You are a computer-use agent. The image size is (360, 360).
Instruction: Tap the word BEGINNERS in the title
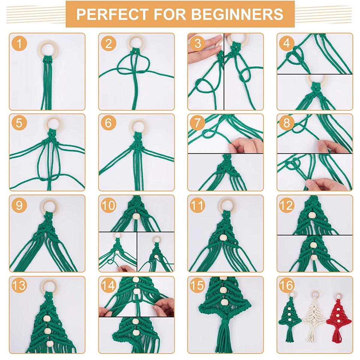tap(237, 14)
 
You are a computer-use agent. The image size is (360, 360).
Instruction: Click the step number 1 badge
tap(19, 43)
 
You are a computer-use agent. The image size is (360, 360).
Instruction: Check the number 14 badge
tap(108, 286)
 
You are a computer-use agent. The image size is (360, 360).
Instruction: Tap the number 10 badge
tap(108, 205)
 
